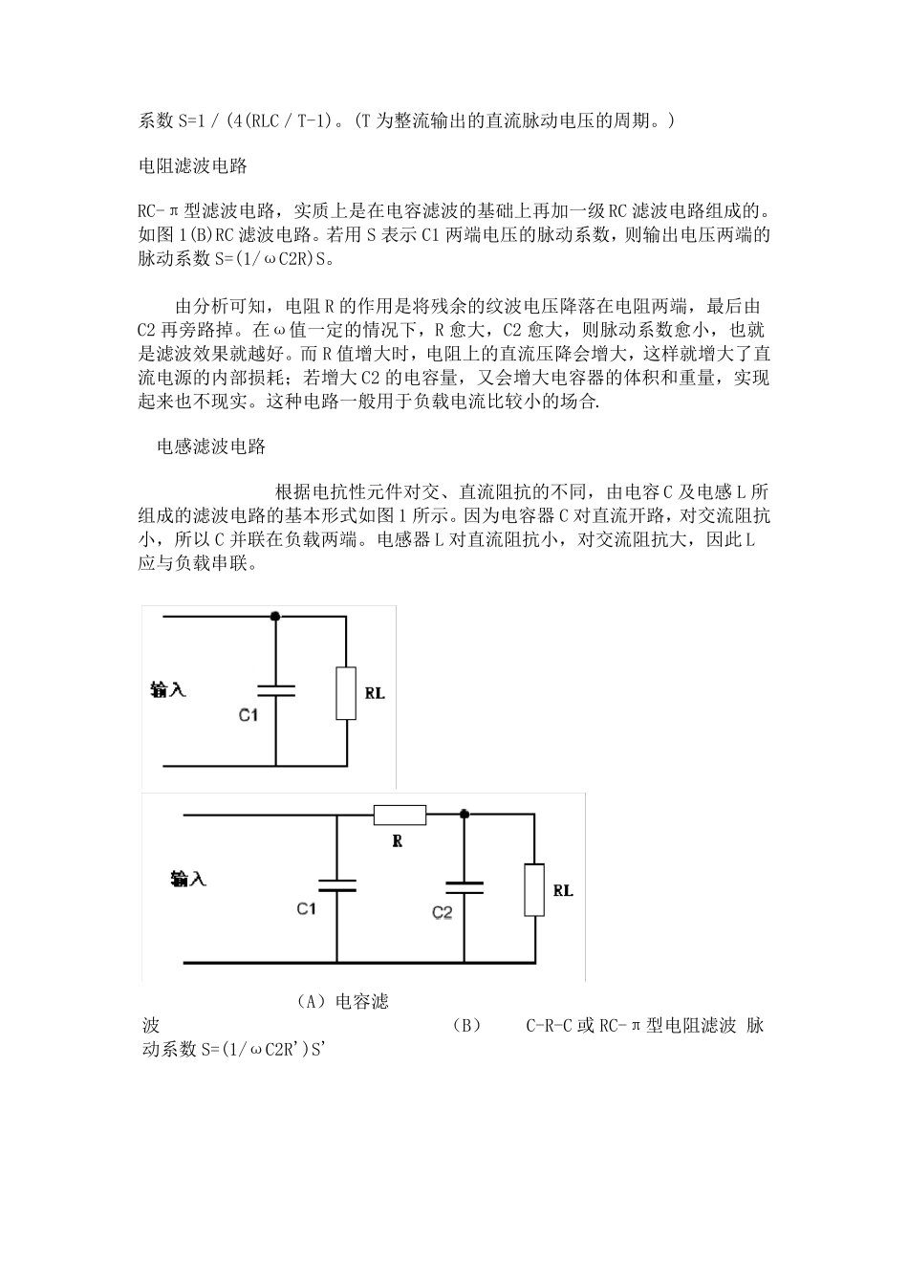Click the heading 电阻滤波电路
193,166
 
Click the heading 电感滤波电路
211,446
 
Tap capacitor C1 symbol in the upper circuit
275,690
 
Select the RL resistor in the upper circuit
346,693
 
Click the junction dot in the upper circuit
275,617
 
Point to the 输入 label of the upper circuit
168,689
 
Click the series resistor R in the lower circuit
400,816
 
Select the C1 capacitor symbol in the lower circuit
336,885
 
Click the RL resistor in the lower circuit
534,891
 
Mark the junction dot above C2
464,816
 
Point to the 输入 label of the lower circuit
188,879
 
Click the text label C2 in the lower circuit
442,913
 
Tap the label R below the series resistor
398,841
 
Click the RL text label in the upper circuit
375,693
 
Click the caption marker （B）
465,1026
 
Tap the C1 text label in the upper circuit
249,715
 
